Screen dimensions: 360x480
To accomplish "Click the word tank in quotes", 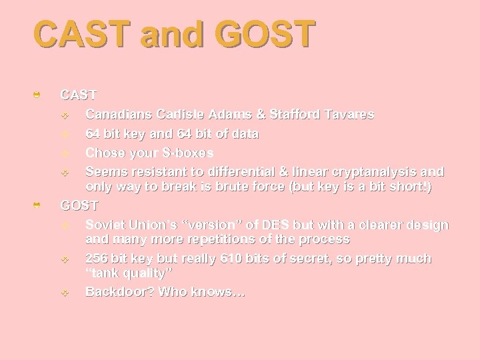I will (x=104, y=273).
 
